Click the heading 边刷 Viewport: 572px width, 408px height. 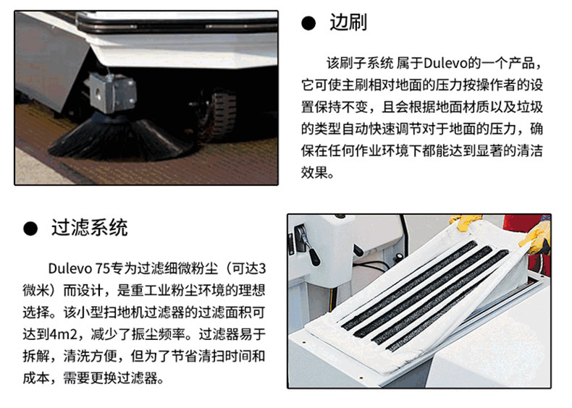pos(348,22)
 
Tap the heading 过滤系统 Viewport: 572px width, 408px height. pos(89,228)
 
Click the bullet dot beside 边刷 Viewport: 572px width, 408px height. pos(308,23)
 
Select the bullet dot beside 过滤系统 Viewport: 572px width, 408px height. pos(30,229)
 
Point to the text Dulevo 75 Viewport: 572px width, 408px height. pos(79,268)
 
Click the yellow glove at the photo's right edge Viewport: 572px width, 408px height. pos(536,239)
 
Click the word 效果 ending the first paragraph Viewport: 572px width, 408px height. pos(314,172)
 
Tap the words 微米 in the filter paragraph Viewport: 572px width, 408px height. pos(35,291)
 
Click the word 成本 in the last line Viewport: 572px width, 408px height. pos(35,378)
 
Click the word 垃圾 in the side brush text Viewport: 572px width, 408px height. pos(530,107)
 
